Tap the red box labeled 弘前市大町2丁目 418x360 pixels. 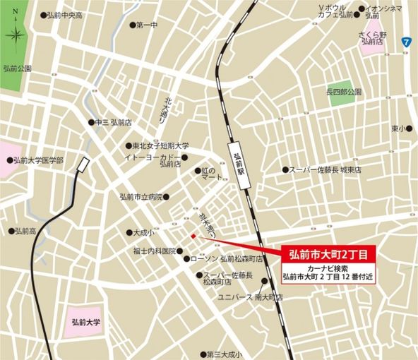tap(330, 253)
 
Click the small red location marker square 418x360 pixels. tap(193, 236)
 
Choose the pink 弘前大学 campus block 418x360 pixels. tap(86, 322)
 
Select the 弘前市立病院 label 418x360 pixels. tap(141, 197)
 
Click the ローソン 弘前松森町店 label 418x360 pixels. tap(226, 259)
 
